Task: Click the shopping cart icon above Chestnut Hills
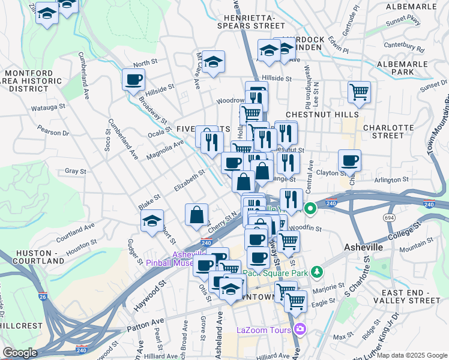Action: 359,92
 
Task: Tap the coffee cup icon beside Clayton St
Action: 349,160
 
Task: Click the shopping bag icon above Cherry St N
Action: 197,214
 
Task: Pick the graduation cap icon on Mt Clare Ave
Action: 213,61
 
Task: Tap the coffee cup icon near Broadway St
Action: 133,79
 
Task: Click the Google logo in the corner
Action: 20,352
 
